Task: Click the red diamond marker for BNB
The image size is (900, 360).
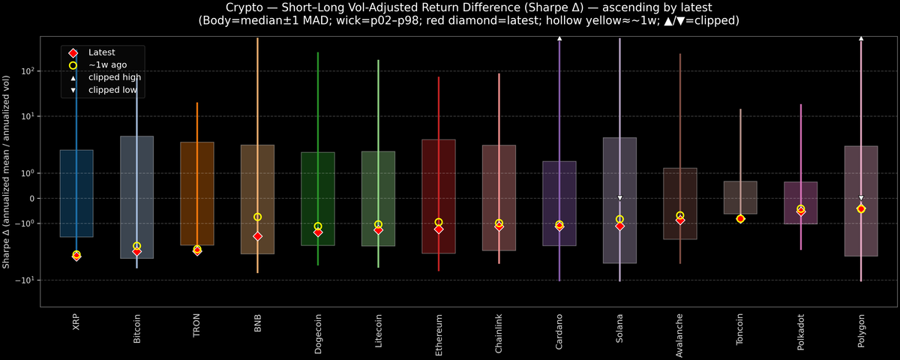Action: click(257, 236)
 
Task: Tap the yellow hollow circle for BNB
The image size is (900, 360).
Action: click(257, 217)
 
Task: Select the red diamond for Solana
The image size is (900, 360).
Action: click(619, 226)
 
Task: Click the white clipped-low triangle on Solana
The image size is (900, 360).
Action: click(619, 198)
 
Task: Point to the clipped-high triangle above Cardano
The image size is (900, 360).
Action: click(559, 37)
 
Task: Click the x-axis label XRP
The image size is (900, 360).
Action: click(76, 322)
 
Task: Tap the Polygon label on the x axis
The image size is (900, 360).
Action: click(861, 330)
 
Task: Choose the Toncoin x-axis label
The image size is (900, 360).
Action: click(740, 331)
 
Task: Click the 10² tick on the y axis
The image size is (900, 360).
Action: click(30, 71)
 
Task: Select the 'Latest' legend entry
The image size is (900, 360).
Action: click(102, 52)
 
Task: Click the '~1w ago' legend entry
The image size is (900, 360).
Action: click(105, 64)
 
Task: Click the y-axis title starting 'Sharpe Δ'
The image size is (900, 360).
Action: click(7, 172)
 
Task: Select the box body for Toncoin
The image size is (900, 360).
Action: click(740, 197)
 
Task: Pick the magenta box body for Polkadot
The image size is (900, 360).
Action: click(800, 202)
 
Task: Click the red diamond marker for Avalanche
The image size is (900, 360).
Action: click(679, 220)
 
